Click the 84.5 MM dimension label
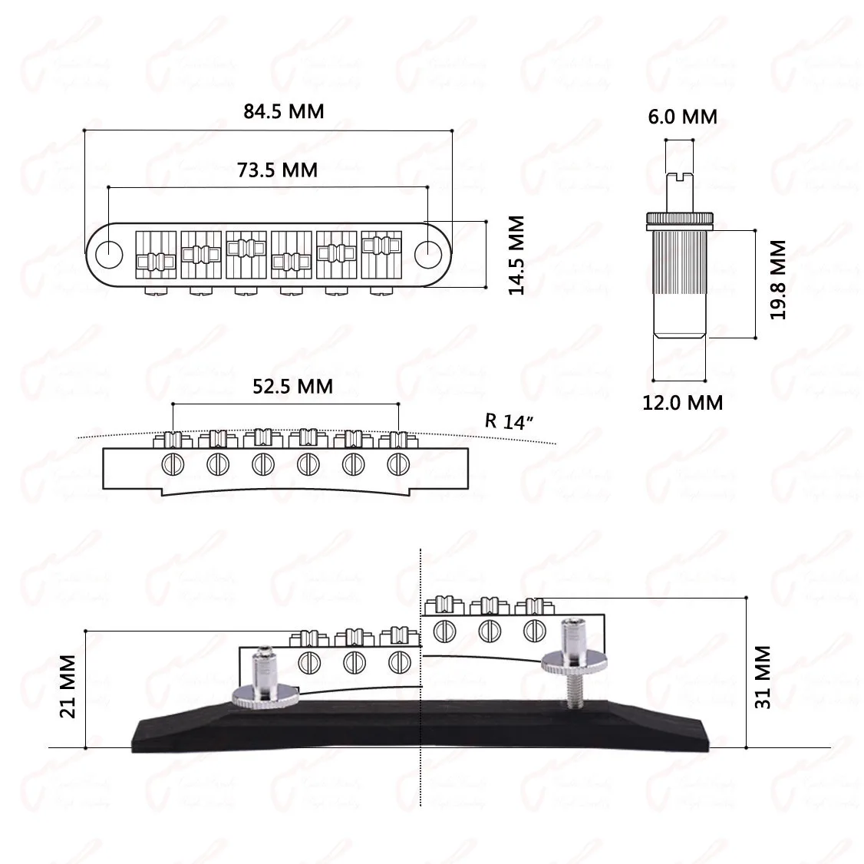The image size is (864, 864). (x=284, y=111)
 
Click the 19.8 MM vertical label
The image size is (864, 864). (x=778, y=279)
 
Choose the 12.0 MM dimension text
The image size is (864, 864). (x=682, y=401)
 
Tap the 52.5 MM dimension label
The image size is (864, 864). (x=293, y=385)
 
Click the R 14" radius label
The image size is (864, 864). (x=504, y=420)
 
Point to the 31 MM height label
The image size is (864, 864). (x=763, y=677)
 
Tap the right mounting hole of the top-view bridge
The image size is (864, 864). (x=427, y=251)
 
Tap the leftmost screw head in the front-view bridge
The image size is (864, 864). (x=173, y=463)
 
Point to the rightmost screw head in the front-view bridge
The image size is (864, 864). (x=397, y=463)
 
